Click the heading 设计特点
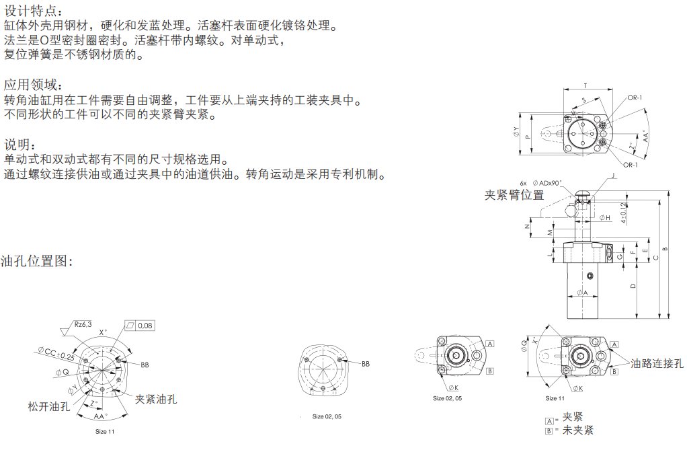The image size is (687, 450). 34,11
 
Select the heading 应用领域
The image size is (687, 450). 34,85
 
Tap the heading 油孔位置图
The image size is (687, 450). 36,260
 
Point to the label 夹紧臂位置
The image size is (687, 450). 514,195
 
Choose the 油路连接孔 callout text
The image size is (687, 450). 657,363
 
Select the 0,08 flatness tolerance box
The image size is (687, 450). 145,326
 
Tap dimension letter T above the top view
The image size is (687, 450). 585,85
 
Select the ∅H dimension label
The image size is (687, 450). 604,217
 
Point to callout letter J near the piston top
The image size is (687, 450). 613,175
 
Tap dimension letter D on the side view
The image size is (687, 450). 633,286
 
